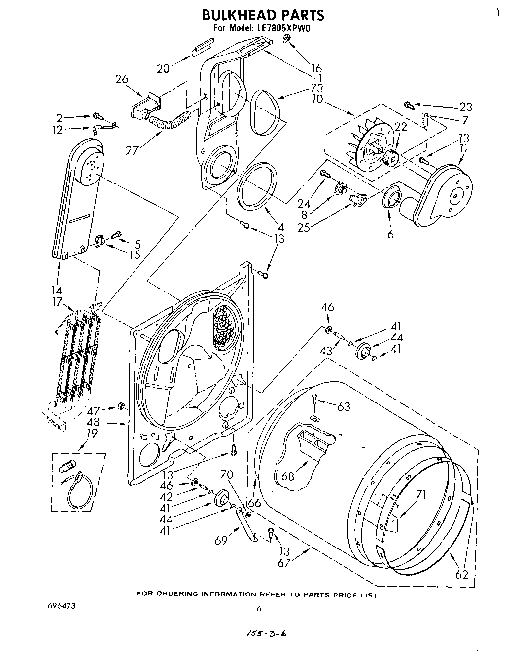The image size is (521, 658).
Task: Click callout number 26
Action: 122,79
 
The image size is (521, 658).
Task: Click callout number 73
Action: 316,88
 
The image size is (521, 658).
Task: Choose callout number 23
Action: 465,107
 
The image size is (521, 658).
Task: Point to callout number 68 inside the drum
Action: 288,477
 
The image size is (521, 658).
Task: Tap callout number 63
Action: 344,406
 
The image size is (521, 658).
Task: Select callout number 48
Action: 93,422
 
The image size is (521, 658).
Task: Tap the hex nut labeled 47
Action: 120,406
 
